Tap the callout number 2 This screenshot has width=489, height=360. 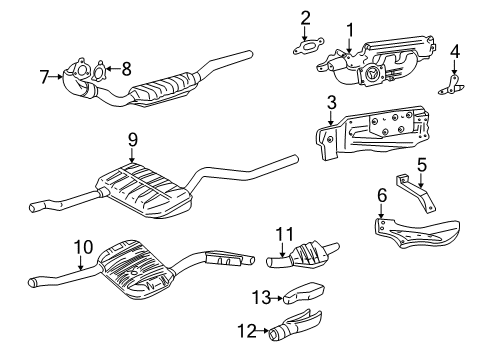pyautogui.click(x=306, y=16)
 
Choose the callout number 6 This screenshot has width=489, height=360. pyautogui.click(x=382, y=196)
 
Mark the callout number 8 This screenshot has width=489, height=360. pyautogui.click(x=125, y=69)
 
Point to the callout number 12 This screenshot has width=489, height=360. pyautogui.click(x=237, y=329)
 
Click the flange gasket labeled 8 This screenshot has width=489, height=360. pyautogui.click(x=99, y=71)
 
